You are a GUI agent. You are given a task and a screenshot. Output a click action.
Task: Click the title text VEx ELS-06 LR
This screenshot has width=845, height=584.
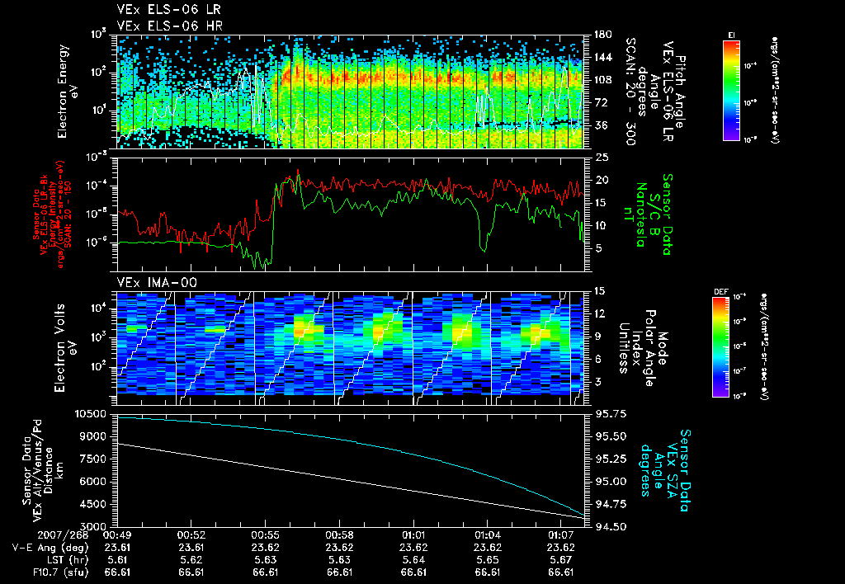click(162, 10)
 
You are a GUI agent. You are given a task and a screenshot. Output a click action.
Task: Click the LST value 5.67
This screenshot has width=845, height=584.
click(561, 558)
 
